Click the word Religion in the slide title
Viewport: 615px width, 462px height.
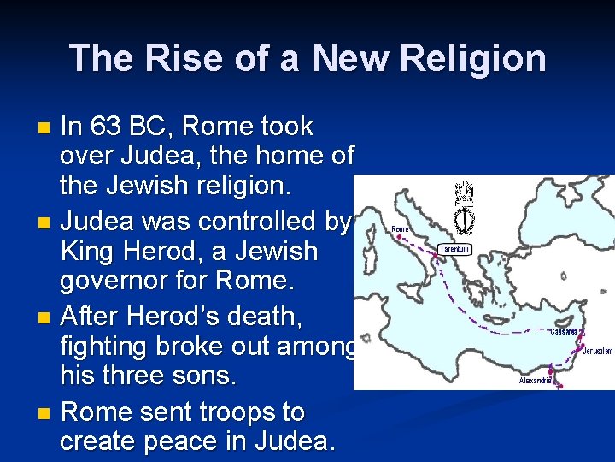[x=471, y=58]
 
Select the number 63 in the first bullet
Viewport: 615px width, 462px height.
[x=104, y=127]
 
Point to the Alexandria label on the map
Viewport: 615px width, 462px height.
[x=536, y=380]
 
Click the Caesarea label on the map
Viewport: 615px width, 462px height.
[x=563, y=332]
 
